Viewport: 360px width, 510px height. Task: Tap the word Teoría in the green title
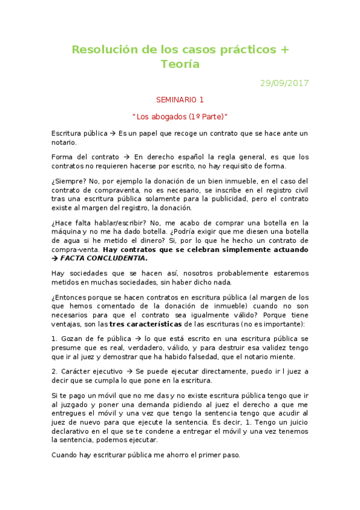[x=180, y=64]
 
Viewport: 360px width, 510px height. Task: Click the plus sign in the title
[x=284, y=49]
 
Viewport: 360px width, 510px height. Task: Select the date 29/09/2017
[x=284, y=84]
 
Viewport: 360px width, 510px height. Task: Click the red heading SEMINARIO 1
[x=180, y=99]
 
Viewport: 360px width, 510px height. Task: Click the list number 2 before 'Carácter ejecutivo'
[x=54, y=371]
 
